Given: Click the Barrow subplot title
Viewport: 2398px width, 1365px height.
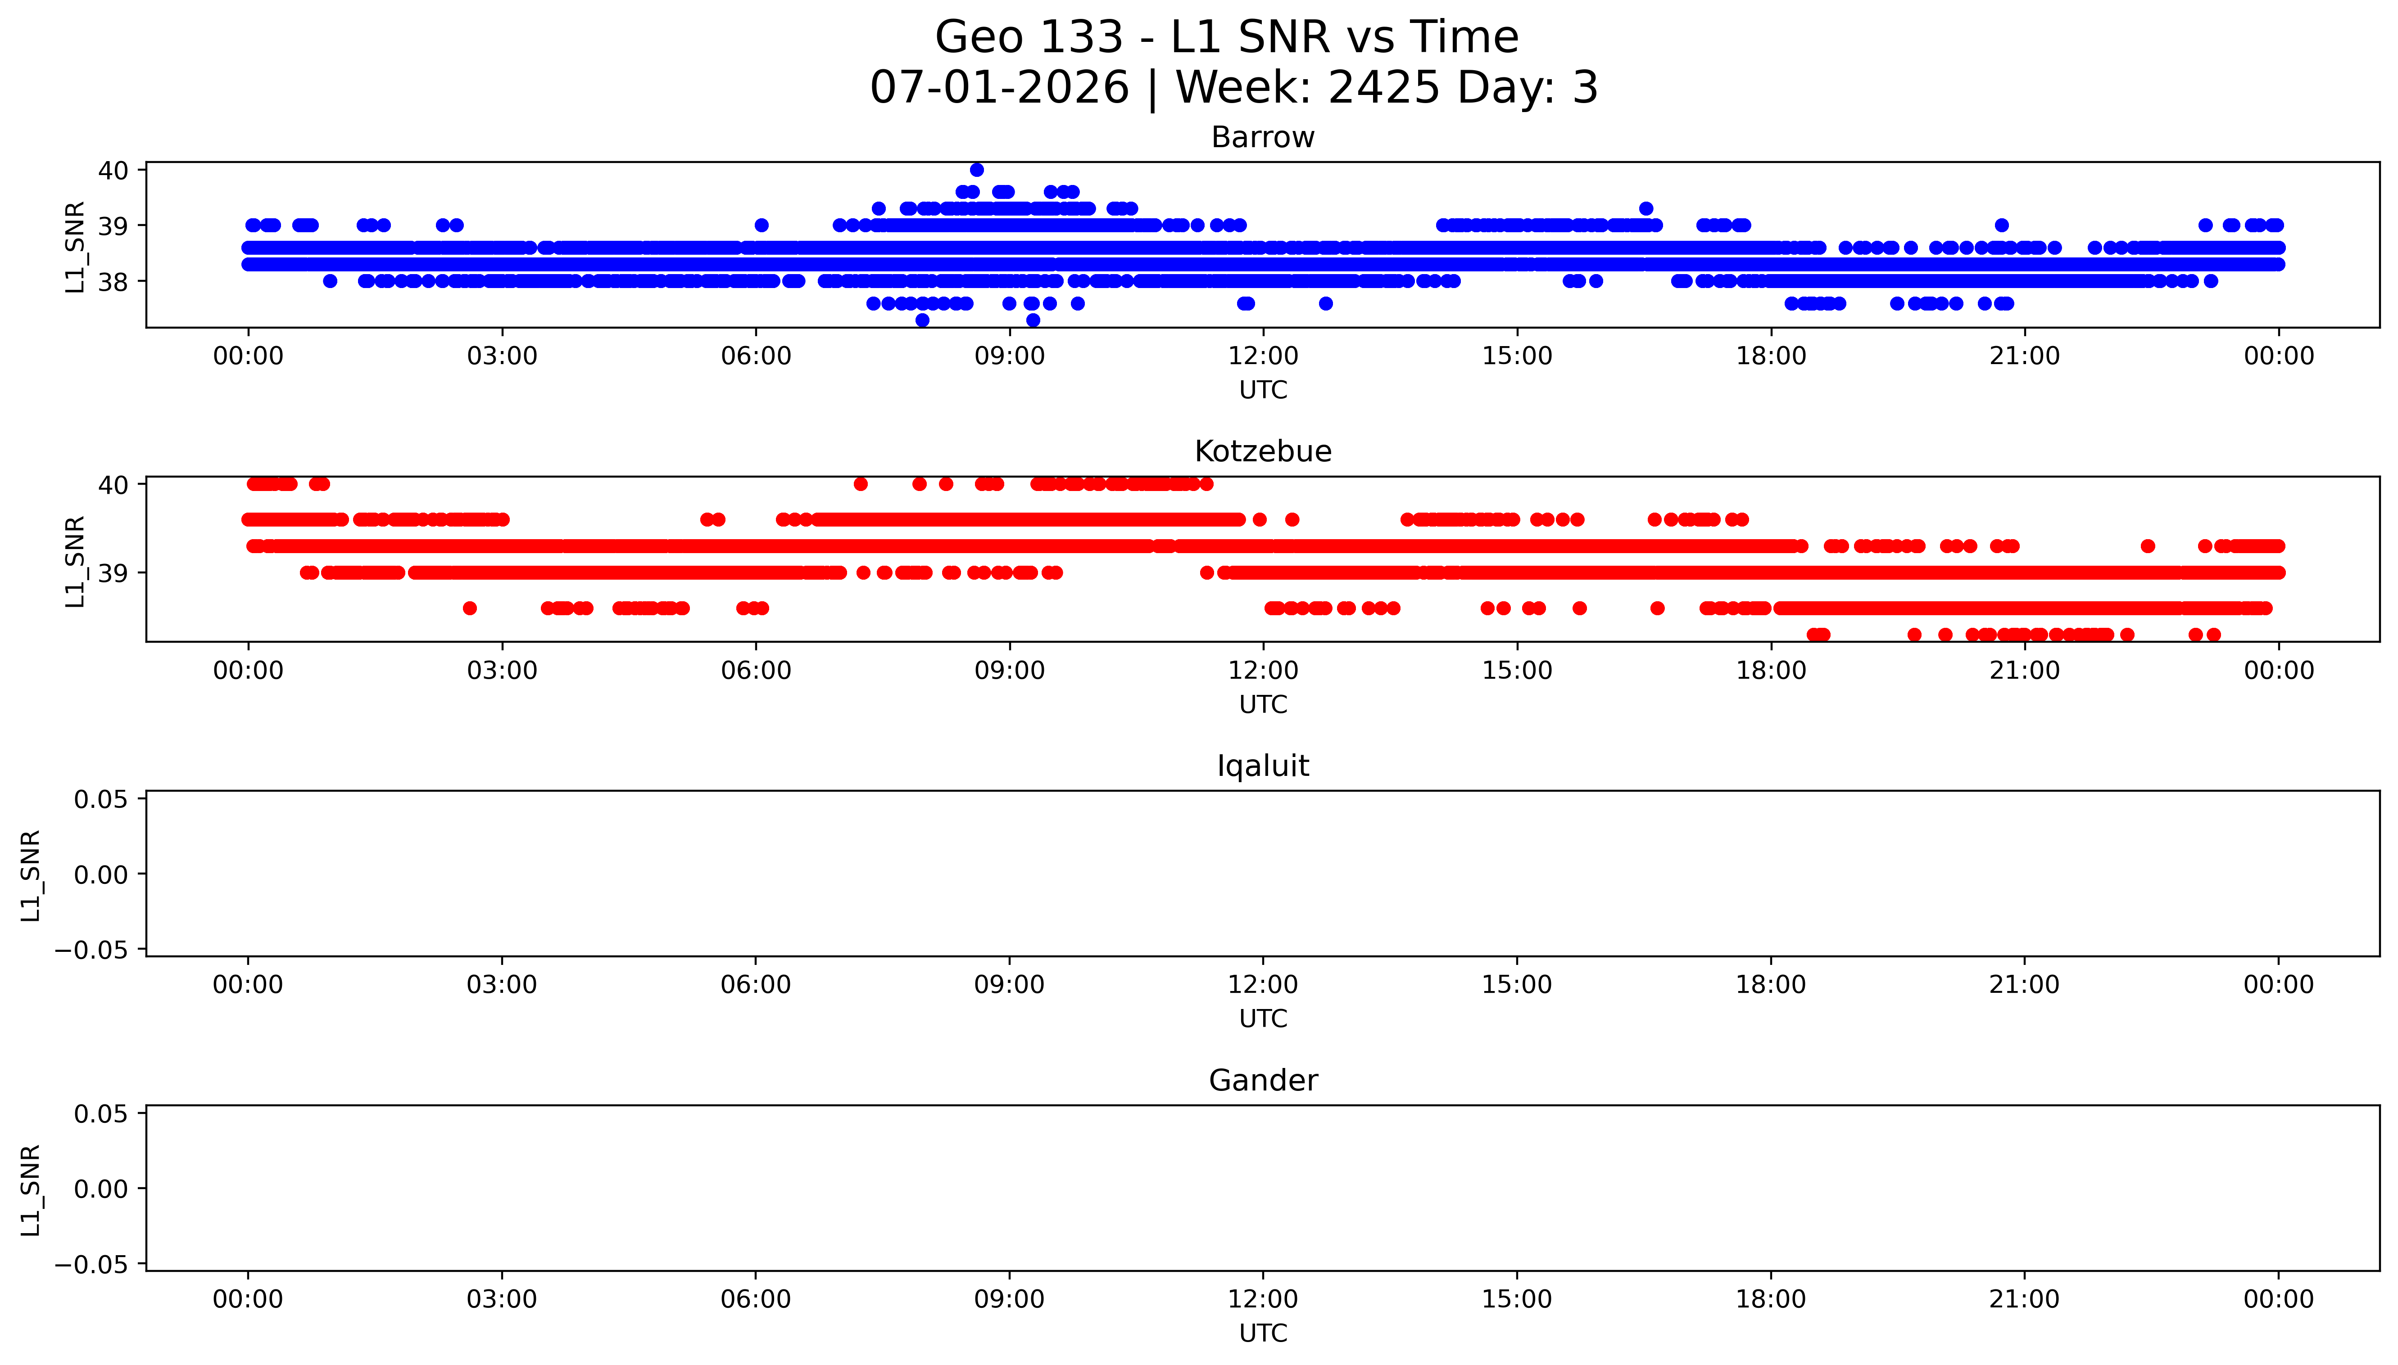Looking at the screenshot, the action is point(1262,138).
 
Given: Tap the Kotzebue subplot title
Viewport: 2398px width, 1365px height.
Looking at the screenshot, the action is point(1262,452).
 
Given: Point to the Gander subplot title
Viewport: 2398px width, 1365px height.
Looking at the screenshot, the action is point(1262,1081).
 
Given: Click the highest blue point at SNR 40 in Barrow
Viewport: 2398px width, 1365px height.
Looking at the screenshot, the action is point(976,170).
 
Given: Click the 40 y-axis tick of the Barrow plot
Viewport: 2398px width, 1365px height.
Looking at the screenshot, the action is point(113,170).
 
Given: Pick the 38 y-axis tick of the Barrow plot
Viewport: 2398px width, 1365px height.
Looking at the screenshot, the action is point(113,281).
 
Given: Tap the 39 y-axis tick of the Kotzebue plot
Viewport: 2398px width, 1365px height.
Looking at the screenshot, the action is point(113,573).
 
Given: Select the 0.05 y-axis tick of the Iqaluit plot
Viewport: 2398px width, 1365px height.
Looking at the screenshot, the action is point(101,800).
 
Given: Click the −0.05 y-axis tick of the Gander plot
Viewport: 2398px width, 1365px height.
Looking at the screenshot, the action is point(92,1265).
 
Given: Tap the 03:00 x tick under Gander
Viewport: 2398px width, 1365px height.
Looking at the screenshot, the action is point(502,1299).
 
